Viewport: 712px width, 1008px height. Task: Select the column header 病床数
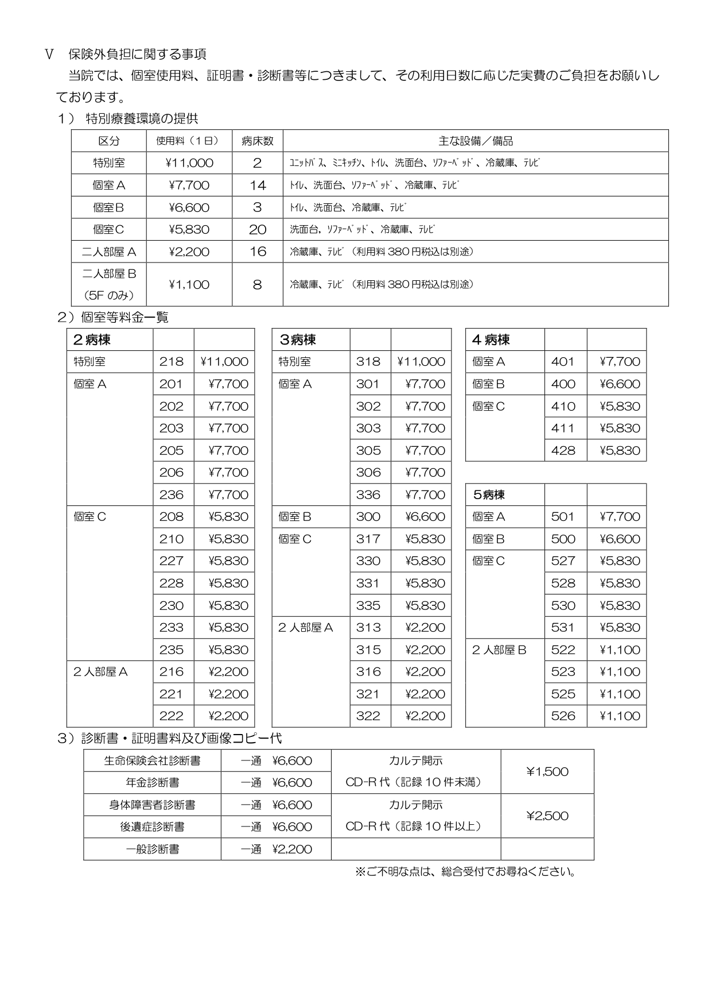(257, 141)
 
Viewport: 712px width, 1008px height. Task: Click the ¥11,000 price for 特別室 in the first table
(189, 163)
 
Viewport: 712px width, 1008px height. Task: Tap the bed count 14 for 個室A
(258, 186)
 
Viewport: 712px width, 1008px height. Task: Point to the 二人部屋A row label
(108, 252)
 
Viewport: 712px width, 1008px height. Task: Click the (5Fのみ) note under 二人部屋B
(108, 296)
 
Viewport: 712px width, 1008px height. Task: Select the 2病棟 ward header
(92, 340)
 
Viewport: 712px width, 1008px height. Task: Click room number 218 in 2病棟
(172, 362)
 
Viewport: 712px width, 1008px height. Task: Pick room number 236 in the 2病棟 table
(172, 495)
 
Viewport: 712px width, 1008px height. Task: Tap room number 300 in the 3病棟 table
(368, 517)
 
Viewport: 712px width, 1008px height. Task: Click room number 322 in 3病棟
(368, 716)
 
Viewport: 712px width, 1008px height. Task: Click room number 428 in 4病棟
(563, 451)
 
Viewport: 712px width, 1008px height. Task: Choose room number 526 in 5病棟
(563, 716)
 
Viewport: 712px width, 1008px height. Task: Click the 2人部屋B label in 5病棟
(499, 650)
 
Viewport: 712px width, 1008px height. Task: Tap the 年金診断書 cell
(152, 783)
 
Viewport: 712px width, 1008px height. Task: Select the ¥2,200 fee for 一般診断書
(292, 849)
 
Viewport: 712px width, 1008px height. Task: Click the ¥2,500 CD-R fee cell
(547, 816)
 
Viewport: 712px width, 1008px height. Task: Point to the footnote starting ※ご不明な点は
(465, 872)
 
